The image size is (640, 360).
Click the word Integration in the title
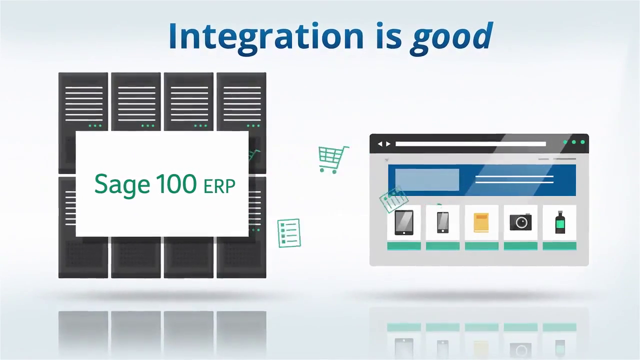265,36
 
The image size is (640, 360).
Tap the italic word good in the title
451,37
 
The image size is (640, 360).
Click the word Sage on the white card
121,184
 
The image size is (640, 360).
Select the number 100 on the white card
176,184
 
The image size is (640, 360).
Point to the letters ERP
219,186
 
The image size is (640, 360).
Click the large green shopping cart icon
333,159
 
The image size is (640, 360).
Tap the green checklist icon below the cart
289,233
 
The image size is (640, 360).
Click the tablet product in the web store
403,222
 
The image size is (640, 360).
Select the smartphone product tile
442,222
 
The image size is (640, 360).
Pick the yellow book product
481,222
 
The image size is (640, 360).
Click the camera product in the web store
520,222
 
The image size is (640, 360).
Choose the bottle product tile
560,222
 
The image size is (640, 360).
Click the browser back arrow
379,144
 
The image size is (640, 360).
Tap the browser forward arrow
388,144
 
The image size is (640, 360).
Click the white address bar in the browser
470,144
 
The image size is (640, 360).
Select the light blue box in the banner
427,180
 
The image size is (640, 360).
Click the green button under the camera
520,246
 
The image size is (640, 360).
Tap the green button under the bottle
559,246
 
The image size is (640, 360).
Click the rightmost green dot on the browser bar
582,142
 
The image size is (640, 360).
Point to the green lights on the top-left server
94,125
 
